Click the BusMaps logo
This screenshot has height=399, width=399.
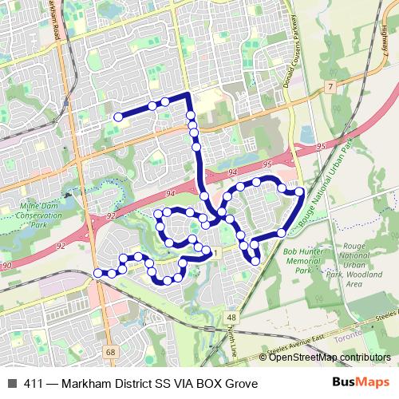coord(361,383)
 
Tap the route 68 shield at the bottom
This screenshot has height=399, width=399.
coord(109,351)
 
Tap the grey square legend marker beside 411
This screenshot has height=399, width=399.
coord(11,384)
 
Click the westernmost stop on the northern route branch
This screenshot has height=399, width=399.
coord(118,117)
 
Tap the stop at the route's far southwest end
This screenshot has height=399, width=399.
coord(98,274)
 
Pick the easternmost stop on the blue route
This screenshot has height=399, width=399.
coord(299,192)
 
